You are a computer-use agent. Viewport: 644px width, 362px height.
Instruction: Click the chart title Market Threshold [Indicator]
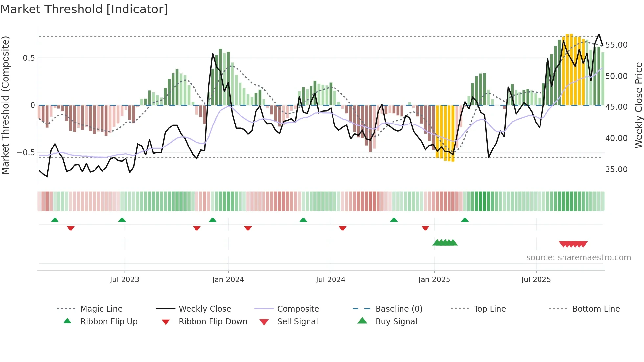tap(84, 9)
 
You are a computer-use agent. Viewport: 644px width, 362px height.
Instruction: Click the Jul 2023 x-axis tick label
tap(125, 280)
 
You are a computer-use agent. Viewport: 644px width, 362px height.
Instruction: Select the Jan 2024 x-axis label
tap(228, 280)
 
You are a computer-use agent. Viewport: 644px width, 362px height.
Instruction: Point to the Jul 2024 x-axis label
tap(331, 280)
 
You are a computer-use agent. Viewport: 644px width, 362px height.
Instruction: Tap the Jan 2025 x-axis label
tap(434, 280)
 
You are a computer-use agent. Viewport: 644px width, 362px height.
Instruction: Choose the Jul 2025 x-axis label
tap(536, 280)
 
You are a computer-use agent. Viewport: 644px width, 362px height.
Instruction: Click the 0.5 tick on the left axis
tap(29, 58)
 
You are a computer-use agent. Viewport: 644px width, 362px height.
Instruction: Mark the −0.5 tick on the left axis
tap(26, 153)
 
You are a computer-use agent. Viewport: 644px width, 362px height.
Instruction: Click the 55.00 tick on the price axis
tap(616, 45)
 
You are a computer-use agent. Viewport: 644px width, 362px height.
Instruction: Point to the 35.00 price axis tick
tap(616, 170)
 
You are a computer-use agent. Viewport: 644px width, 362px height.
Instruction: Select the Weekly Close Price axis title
tap(638, 105)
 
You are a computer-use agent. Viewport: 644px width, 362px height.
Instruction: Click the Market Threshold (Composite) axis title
tap(5, 105)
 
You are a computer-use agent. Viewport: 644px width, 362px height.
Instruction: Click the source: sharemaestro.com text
tap(578, 258)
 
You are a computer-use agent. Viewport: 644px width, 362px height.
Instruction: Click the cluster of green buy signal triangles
tap(445, 243)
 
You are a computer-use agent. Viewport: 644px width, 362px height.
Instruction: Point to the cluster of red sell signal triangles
tap(573, 244)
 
